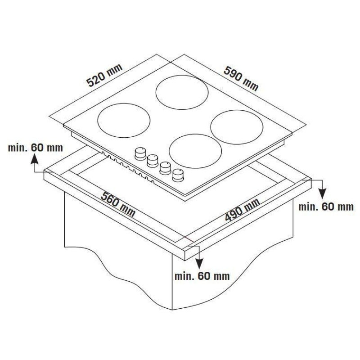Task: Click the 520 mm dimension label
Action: coord(105,75)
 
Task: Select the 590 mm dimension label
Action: coord(241,78)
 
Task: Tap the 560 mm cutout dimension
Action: coord(118,204)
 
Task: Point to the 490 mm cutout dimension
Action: coord(243,209)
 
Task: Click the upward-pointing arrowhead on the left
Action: coord(35,159)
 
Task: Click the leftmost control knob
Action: coord(140,153)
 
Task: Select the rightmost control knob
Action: coord(178,175)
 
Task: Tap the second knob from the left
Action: coord(153,161)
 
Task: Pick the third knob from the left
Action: coord(165,168)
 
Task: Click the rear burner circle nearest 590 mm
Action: coord(182,76)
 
